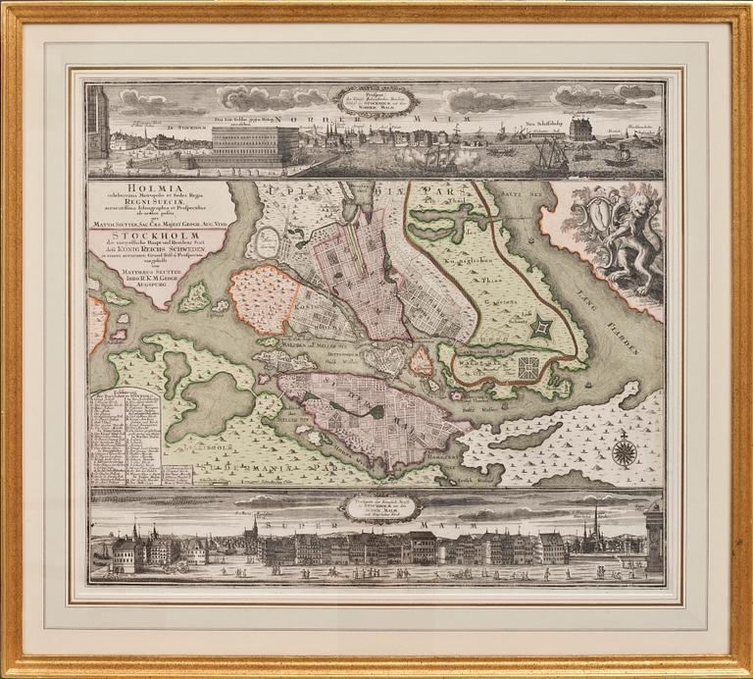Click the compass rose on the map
coord(624,450)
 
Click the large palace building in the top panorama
coord(255,144)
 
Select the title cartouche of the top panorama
coord(375,101)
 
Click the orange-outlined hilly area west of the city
coord(262,298)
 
